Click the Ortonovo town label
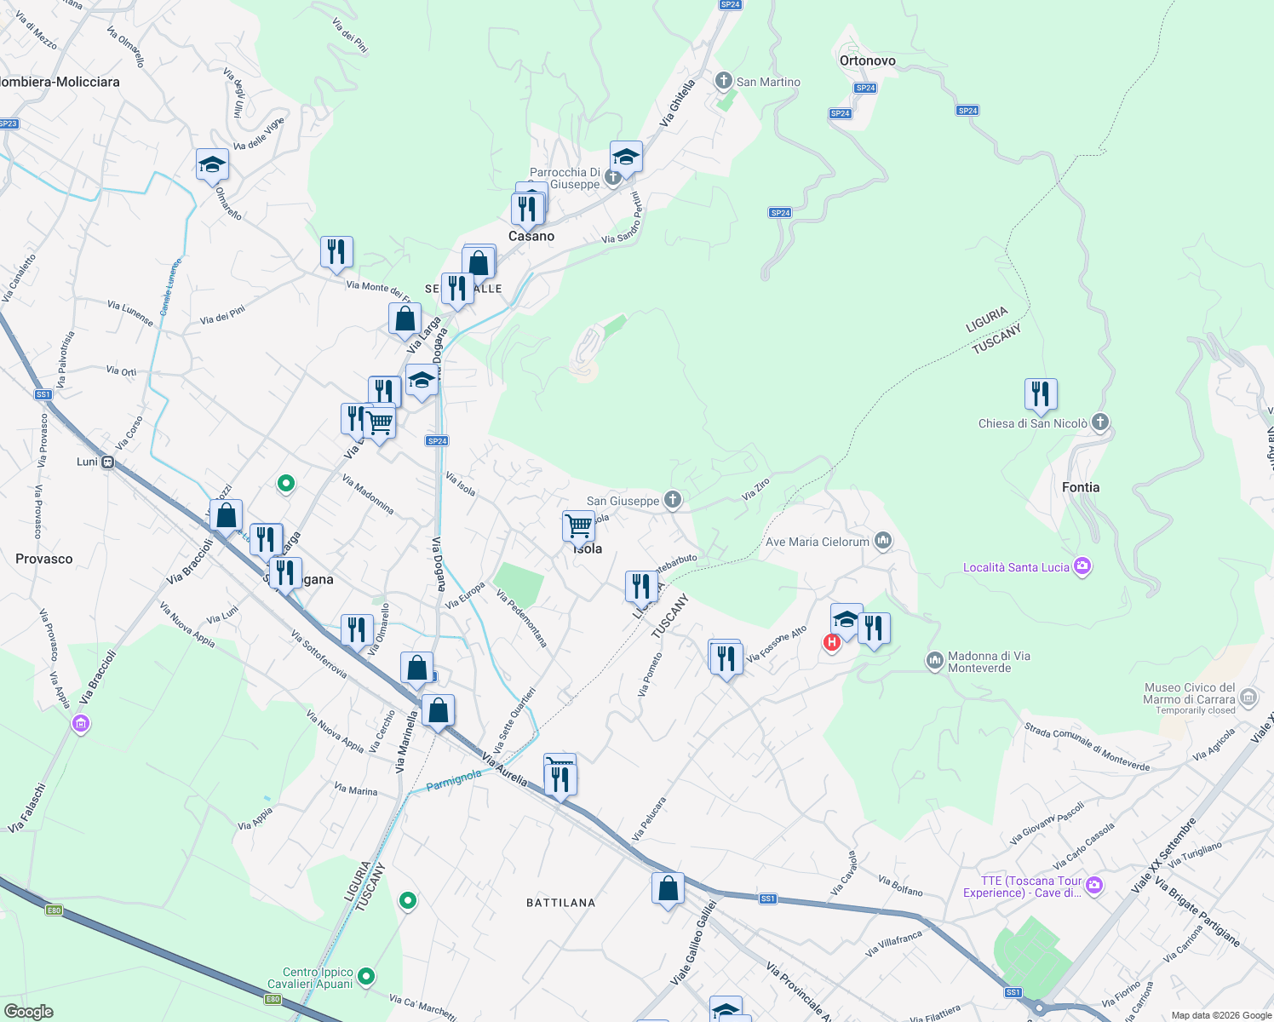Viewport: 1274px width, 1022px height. (x=867, y=60)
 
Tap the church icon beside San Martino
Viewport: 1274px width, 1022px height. (x=723, y=81)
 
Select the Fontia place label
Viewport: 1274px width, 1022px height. (x=1080, y=487)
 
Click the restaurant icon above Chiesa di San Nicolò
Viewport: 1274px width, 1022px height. (x=1040, y=394)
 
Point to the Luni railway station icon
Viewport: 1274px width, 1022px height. (x=107, y=462)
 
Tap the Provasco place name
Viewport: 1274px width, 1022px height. (x=44, y=559)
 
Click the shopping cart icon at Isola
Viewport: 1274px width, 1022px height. (x=578, y=525)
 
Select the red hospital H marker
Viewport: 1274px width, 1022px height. (x=831, y=642)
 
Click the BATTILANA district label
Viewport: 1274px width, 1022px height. (x=560, y=902)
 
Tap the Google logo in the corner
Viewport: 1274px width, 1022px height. (x=28, y=1012)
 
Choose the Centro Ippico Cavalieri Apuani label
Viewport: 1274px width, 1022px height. (x=318, y=978)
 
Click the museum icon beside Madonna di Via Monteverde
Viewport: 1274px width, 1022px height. (x=934, y=660)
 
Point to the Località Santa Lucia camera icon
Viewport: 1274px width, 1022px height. (x=1082, y=566)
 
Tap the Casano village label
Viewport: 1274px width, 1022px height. (x=531, y=236)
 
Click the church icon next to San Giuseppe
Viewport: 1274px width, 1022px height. (x=673, y=500)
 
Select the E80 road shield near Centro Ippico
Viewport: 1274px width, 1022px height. (x=273, y=999)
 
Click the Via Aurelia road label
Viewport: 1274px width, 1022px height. (x=504, y=769)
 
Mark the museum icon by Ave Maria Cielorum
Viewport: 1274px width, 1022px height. (x=882, y=541)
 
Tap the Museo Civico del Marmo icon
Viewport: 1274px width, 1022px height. (x=1248, y=698)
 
